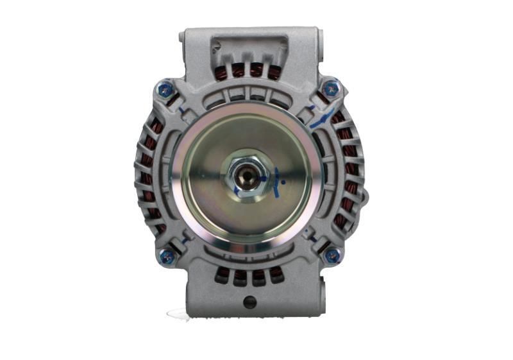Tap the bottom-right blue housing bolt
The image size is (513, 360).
[x=332, y=256]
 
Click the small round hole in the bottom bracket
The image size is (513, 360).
[x=250, y=302]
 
